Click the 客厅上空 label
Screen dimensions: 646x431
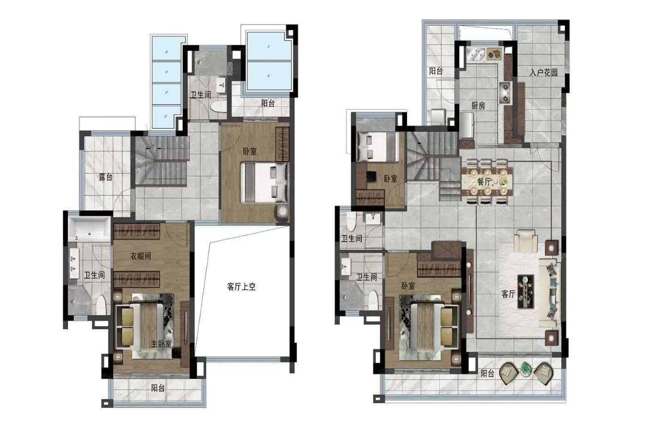tap(241, 287)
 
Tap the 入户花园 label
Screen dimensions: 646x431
tap(544, 72)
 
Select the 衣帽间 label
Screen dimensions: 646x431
tap(140, 256)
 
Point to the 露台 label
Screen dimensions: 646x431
tap(106, 177)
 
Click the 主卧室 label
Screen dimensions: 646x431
tap(161, 344)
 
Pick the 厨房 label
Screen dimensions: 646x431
tap(478, 106)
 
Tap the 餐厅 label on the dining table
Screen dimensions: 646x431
tap(484, 182)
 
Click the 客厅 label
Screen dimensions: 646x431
tap(508, 294)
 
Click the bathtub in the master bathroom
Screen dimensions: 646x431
tap(90, 228)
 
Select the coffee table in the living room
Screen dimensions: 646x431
tap(526, 291)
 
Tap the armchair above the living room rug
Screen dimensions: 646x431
tap(526, 241)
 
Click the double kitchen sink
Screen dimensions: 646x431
tap(476, 54)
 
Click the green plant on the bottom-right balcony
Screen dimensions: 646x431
tap(526, 370)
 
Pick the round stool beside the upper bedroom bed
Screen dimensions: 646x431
tap(282, 212)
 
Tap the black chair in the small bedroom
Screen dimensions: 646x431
tap(371, 177)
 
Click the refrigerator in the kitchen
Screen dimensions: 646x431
tap(467, 126)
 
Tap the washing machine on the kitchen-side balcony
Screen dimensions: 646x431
tap(438, 116)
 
